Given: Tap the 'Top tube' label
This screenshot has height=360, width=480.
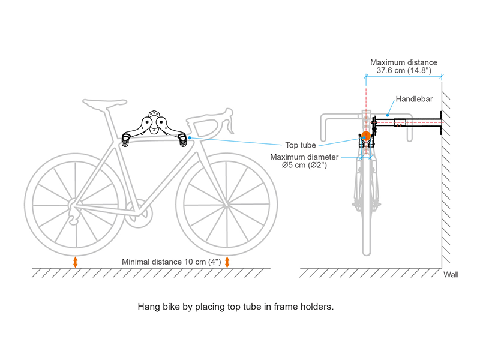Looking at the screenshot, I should [301, 145].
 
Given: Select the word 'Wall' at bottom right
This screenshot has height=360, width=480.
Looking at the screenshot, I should [451, 275].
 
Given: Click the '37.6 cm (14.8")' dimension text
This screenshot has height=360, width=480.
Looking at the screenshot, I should [404, 71].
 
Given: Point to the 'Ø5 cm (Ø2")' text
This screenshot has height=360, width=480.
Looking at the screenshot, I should [304, 165].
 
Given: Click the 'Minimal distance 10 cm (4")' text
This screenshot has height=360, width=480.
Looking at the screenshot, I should [172, 262].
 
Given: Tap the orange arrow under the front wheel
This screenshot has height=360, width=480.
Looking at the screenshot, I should [227, 262].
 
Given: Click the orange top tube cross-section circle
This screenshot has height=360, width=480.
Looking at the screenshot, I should [365, 137].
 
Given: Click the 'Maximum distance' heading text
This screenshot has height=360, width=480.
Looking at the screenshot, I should [404, 62].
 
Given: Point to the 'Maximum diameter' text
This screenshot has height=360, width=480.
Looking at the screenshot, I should [304, 157].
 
